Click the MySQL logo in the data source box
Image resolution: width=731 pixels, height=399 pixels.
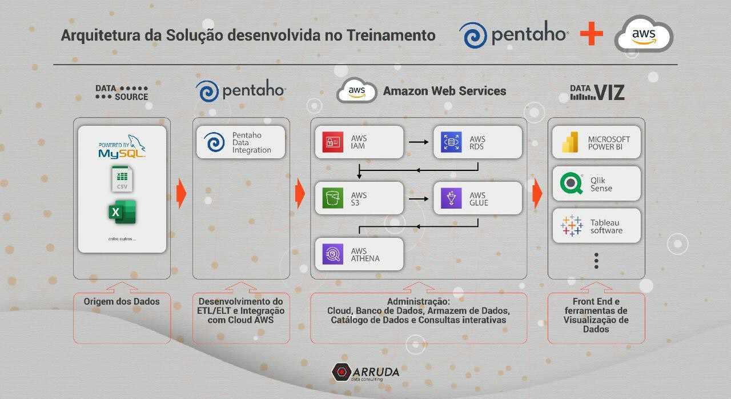122,147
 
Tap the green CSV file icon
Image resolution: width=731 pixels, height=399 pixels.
122,179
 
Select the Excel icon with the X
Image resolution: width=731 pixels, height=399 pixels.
122,212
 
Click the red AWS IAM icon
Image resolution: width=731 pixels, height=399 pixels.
333,142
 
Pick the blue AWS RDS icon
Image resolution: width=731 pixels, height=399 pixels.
451,142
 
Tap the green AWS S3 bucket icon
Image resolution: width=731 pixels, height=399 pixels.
333,198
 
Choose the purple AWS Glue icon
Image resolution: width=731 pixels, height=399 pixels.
451,198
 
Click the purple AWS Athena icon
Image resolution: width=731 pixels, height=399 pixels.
333,254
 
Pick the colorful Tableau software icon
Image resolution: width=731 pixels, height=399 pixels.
572,226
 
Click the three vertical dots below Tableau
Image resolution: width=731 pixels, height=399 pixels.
596,261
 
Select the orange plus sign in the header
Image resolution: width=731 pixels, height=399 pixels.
592,34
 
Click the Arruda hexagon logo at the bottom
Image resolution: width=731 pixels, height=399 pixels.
342,372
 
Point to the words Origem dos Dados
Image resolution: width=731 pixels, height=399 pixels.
122,301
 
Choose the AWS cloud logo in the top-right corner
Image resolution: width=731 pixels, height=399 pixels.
644,34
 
